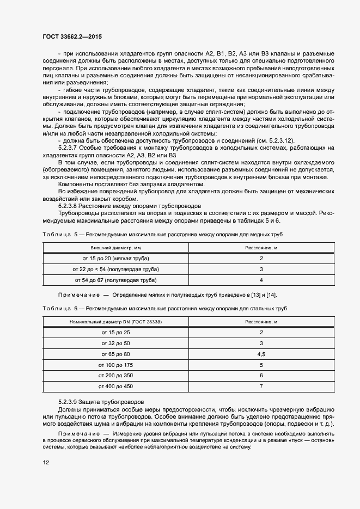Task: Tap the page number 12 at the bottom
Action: pyautogui.click(x=46, y=462)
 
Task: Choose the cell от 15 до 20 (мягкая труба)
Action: pyautogui.click(x=115, y=258)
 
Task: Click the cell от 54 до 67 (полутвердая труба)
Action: pyautogui.click(x=115, y=280)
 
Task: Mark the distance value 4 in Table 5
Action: pyautogui.click(x=261, y=280)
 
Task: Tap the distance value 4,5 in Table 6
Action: pyautogui.click(x=261, y=354)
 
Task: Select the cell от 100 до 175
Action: pyautogui.click(x=115, y=365)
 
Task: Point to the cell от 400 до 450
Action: pyautogui.click(x=115, y=387)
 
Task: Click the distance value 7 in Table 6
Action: pyautogui.click(x=261, y=387)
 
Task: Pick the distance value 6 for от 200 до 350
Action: pyautogui.click(x=261, y=376)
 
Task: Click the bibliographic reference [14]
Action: pyautogui.click(x=271, y=295)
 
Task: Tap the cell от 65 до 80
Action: pyautogui.click(x=115, y=354)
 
